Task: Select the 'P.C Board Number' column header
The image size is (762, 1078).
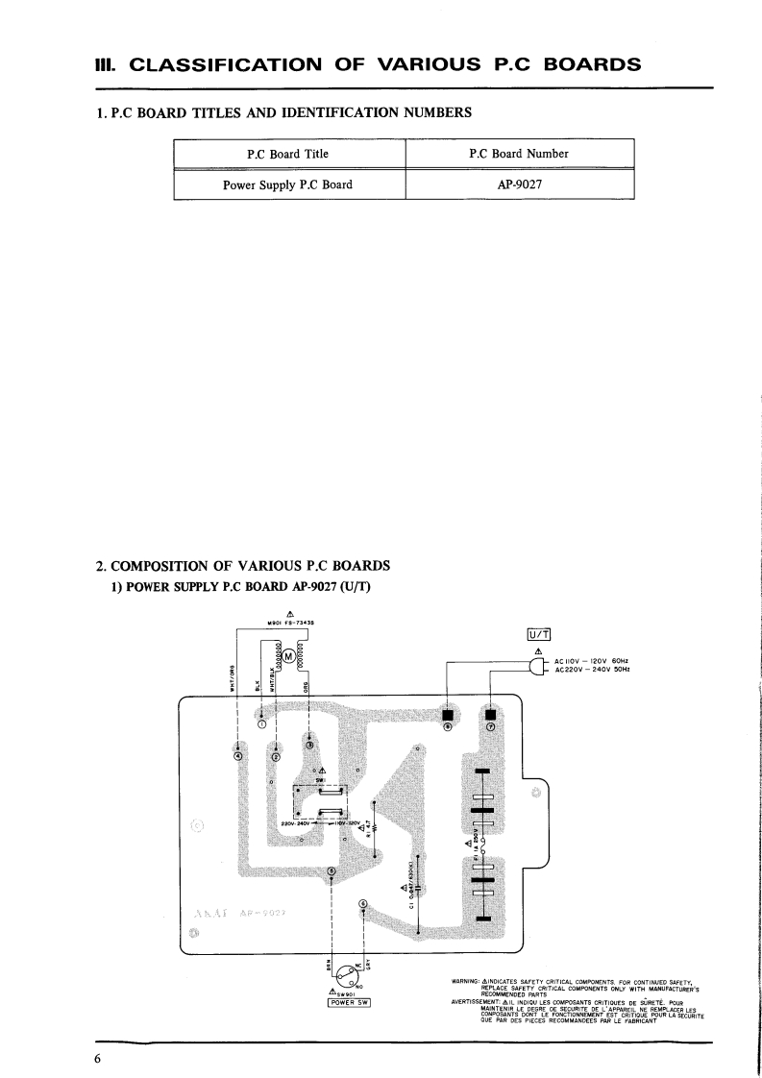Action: [x=519, y=154]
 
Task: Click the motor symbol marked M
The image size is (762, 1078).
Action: [x=287, y=655]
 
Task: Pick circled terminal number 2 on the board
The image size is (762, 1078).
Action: [x=275, y=757]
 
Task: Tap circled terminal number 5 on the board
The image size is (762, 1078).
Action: [x=363, y=903]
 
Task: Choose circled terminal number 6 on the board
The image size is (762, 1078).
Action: [x=332, y=871]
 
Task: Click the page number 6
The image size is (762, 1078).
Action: [x=97, y=1059]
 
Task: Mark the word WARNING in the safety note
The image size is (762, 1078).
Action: [x=467, y=981]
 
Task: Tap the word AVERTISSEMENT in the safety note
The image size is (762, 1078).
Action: [x=475, y=1000]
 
